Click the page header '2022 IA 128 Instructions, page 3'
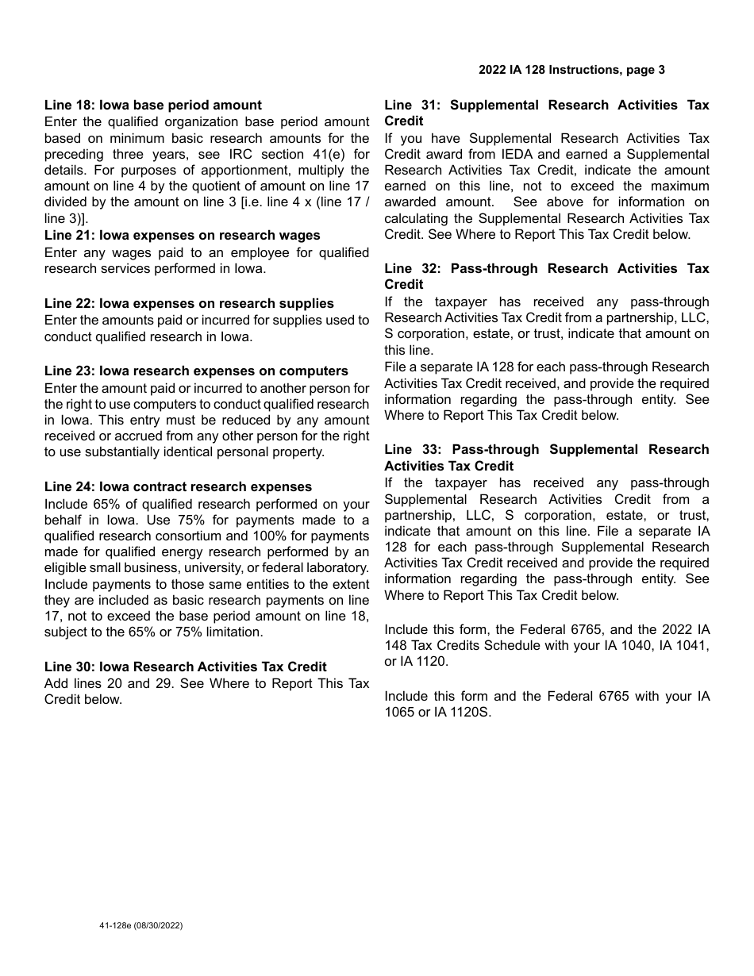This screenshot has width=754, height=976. click(x=571, y=70)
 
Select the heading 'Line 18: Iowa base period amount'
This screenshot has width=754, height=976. click(x=152, y=105)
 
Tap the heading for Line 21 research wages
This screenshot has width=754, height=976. click(x=182, y=235)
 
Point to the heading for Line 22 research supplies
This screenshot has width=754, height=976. click(x=189, y=303)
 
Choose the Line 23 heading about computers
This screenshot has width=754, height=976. click(x=196, y=371)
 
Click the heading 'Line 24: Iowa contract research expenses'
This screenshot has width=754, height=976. click(x=178, y=486)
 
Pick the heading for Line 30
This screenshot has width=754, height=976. click(x=185, y=667)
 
